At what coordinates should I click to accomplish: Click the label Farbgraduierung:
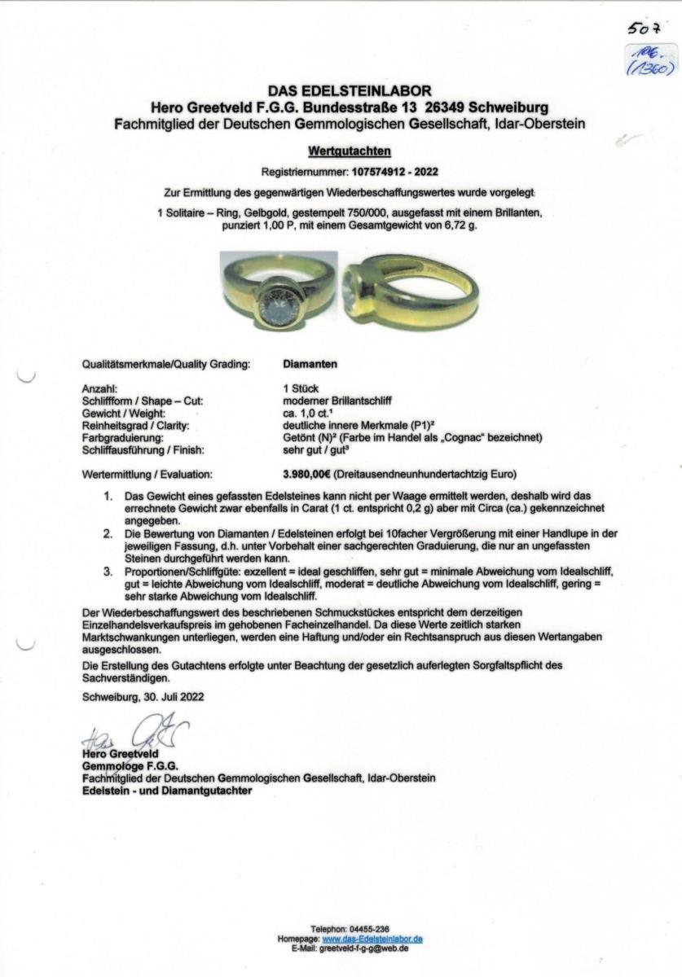125,437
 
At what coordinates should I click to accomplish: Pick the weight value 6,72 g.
460,224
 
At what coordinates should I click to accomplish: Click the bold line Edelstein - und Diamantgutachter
167,790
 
